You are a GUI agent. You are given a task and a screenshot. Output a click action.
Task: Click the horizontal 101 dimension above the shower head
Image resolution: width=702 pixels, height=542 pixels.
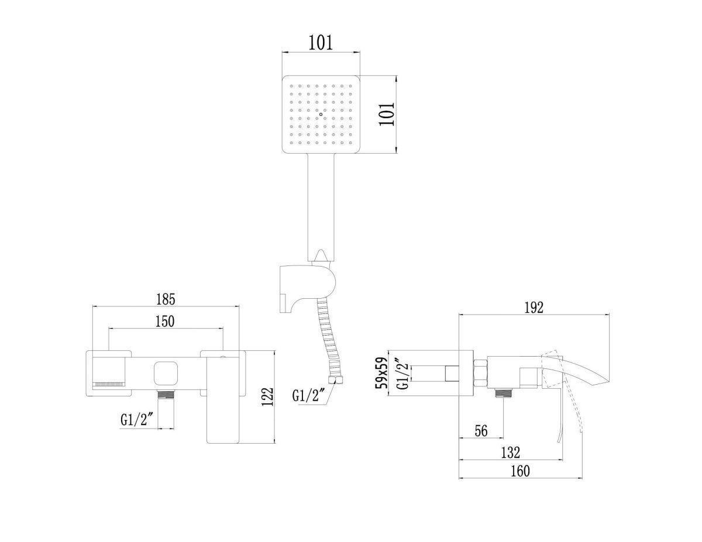(x=321, y=42)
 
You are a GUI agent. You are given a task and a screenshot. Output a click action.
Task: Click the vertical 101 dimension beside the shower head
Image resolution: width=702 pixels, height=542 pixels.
(x=386, y=113)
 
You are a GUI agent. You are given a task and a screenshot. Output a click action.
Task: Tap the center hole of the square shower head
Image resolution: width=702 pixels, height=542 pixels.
(x=321, y=115)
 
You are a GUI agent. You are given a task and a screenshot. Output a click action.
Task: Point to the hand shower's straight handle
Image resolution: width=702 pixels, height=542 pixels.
(x=321, y=205)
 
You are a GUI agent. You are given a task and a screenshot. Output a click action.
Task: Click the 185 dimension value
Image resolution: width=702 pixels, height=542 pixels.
(x=166, y=299)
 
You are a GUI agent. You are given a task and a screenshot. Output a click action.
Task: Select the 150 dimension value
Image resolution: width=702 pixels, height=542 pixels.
(x=166, y=321)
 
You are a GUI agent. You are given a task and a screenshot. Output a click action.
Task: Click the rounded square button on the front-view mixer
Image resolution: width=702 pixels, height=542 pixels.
(x=166, y=372)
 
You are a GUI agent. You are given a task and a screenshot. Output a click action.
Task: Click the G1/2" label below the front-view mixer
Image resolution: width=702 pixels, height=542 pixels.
(x=137, y=419)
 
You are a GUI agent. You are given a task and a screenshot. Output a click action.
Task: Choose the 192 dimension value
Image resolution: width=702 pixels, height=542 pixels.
(x=534, y=308)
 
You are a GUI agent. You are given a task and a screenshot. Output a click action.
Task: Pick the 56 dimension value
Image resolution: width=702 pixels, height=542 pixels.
(x=481, y=431)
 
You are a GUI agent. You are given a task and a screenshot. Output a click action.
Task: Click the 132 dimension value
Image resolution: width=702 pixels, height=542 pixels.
(x=510, y=451)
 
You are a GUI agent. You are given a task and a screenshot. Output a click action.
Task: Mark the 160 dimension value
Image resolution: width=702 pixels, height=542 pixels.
(x=519, y=470)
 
